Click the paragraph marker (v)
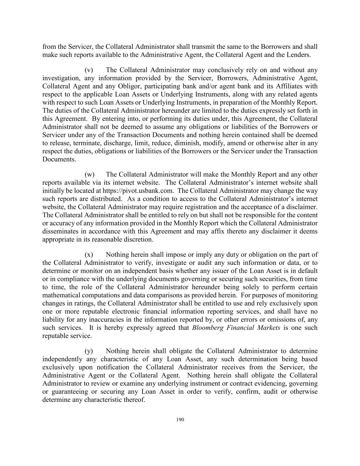click(x=89, y=70)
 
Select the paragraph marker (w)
click(x=89, y=175)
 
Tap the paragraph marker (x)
click(x=89, y=255)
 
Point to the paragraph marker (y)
click(x=89, y=351)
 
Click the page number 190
click(x=180, y=420)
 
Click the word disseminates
click(x=59, y=231)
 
